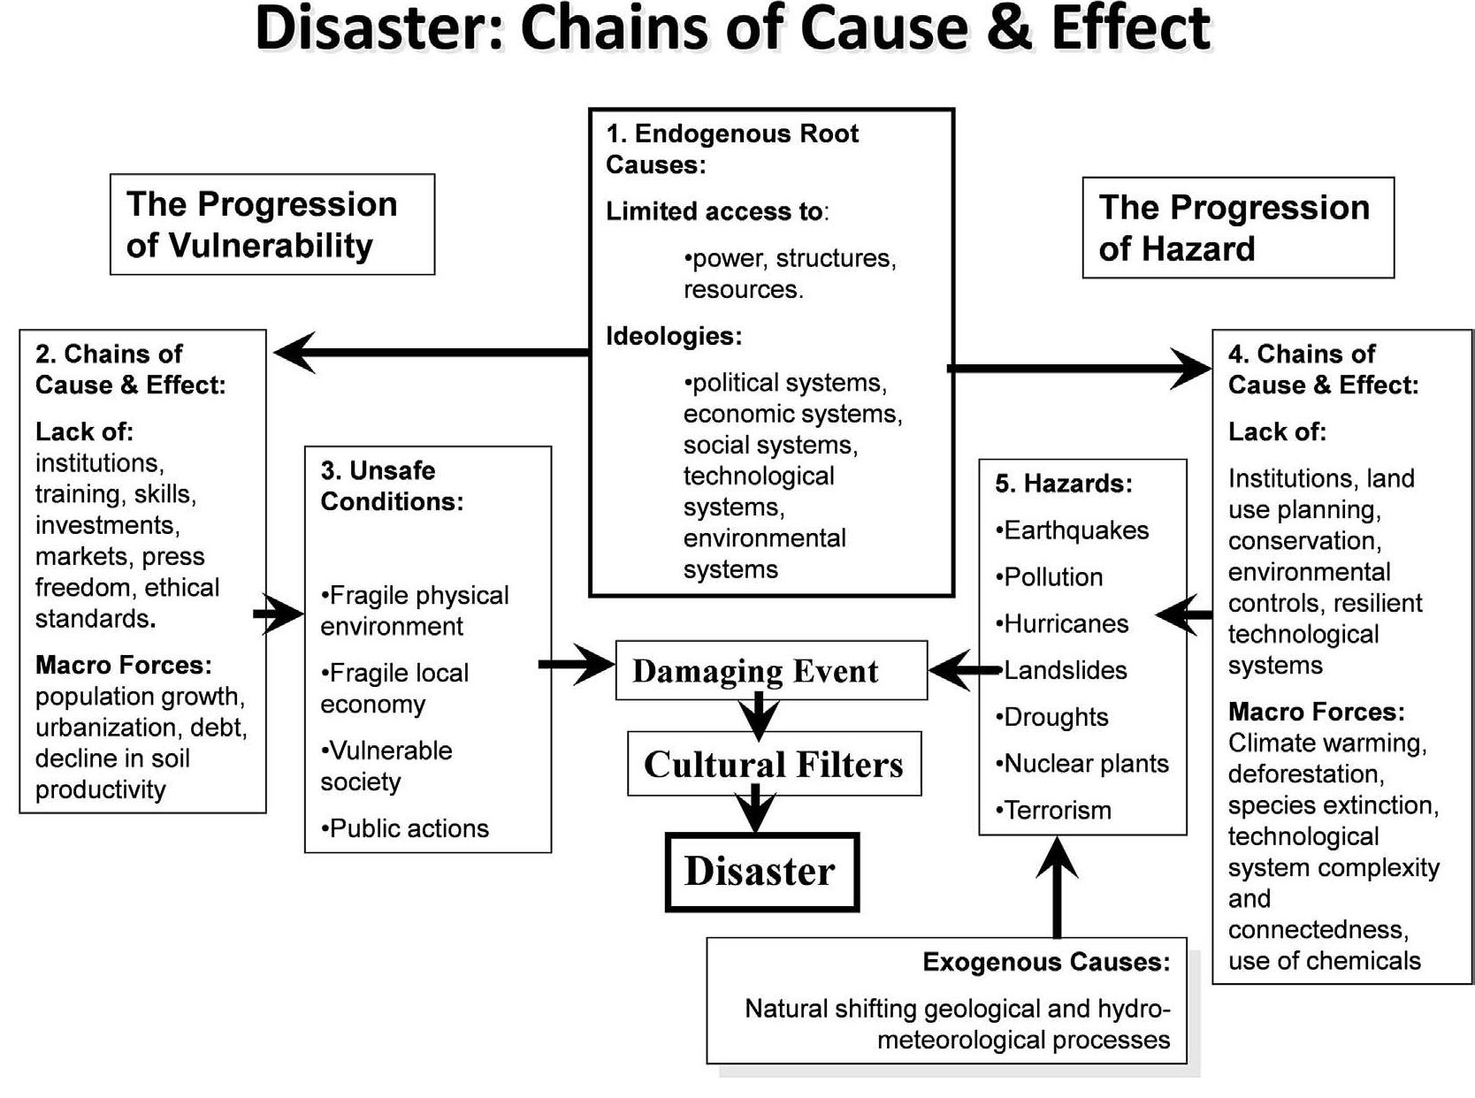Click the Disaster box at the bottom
coord(760,872)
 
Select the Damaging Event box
coord(770,671)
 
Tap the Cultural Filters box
coord(774,764)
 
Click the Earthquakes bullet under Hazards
coord(1073,530)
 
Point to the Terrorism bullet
coord(1054,810)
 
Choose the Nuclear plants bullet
coord(1082,763)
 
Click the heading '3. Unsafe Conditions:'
coord(392,486)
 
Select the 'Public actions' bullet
coord(405,828)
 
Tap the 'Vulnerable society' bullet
coord(386,766)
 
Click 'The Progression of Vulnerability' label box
coord(271,225)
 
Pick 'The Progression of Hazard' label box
coord(1237,228)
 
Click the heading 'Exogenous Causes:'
coord(1046,962)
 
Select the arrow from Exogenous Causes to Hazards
coord(1057,887)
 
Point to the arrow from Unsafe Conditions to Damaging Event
coord(576,664)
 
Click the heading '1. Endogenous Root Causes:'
coord(731,149)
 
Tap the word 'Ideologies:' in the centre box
coord(674,336)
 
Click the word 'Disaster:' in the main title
coord(378,29)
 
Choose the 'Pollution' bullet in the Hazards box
coord(1050,577)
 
